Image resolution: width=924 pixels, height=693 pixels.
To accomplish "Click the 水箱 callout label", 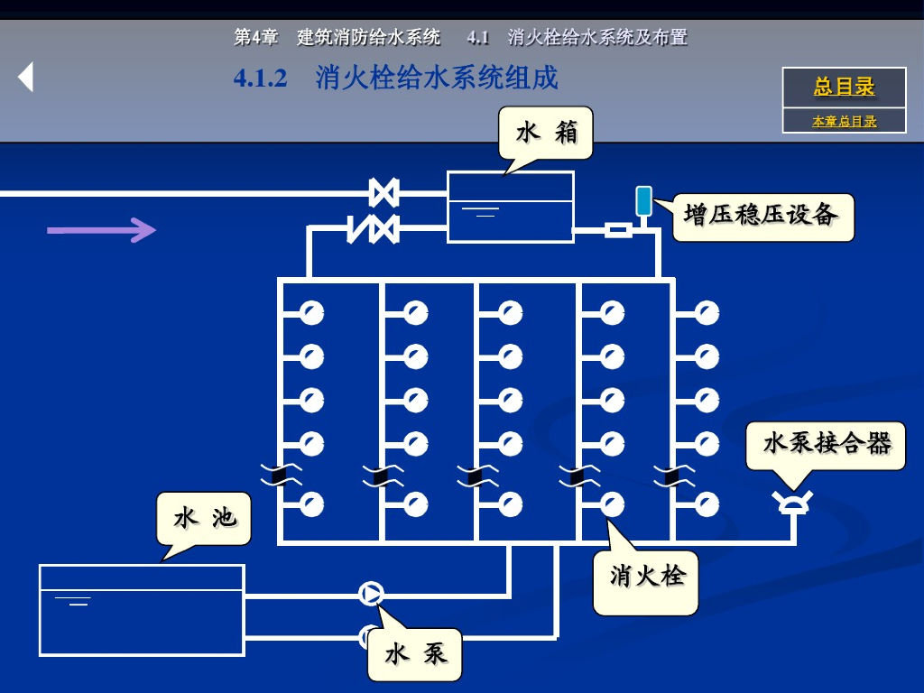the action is [546, 133].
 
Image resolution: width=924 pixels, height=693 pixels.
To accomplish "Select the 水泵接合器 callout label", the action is [826, 444].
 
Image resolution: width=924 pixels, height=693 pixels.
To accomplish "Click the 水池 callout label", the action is [204, 518].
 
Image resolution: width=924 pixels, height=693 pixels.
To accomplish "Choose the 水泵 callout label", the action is [415, 654].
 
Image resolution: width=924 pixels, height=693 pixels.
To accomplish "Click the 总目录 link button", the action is [844, 88].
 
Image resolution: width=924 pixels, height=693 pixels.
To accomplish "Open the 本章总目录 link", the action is [844, 121].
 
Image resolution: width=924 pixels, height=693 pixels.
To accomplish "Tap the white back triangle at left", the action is [26, 78].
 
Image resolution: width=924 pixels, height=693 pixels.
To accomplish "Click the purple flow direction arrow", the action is [101, 231].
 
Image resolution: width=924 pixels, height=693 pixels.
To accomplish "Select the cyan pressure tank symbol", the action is [643, 201].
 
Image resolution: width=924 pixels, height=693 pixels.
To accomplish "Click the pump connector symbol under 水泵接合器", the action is [795, 502].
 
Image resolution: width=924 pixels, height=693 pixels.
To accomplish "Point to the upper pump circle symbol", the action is [371, 593].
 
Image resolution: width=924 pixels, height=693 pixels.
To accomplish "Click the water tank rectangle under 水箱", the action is [511, 207].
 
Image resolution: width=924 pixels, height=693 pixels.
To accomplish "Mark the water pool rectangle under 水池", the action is [142, 610].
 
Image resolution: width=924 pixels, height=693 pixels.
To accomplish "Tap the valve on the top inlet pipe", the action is [384, 192].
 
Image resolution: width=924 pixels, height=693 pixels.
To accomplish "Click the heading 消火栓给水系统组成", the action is [437, 79].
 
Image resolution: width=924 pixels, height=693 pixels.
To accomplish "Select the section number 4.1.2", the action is [260, 79].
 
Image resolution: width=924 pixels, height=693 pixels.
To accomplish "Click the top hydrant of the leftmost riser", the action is [312, 314].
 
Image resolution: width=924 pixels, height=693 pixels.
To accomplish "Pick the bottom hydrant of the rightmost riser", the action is [707, 504].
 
